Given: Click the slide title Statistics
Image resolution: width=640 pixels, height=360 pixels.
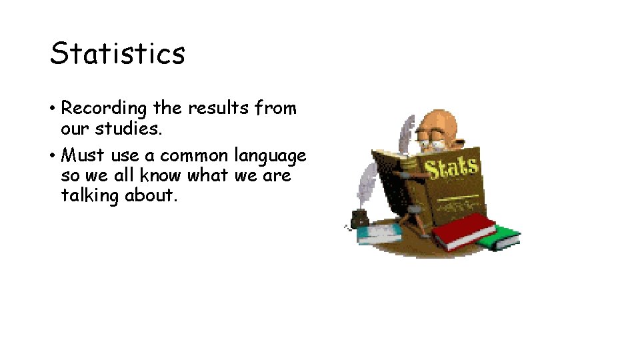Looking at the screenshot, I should pos(117,53).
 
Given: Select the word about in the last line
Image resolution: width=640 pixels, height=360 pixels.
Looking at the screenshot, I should pos(151,196).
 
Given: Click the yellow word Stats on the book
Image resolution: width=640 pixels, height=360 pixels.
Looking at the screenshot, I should pos(452,168).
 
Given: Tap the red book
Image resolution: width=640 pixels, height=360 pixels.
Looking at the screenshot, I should pos(464,231).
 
